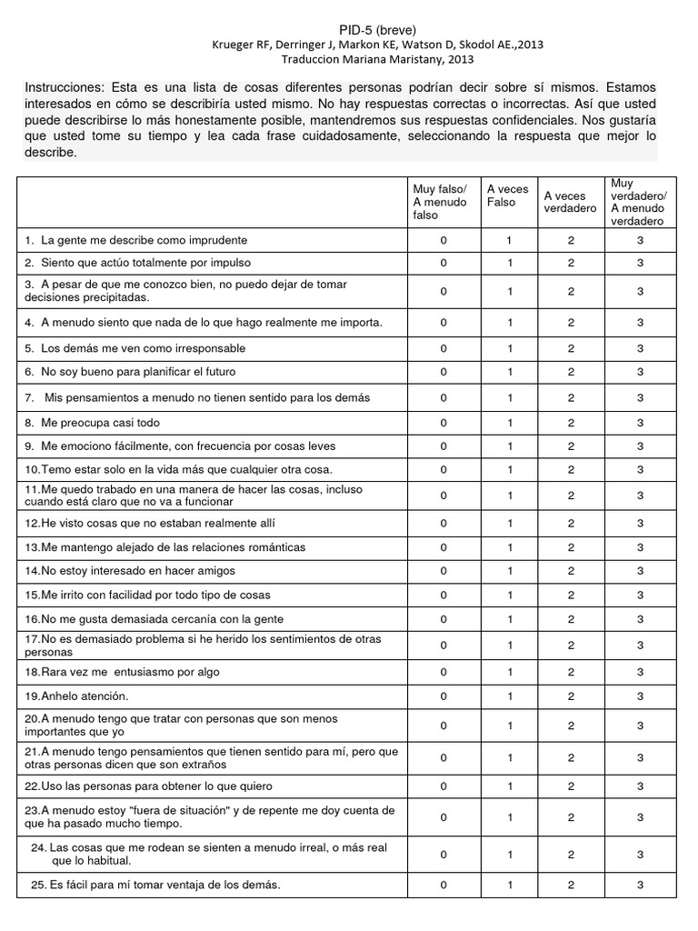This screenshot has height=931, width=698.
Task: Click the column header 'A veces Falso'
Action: pos(507,195)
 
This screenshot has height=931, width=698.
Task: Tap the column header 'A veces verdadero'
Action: pos(570,202)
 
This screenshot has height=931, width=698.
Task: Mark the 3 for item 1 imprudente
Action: pos(640,240)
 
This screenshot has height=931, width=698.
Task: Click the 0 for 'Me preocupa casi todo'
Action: pos(444,423)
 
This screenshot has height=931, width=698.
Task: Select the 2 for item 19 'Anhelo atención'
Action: pos(571,696)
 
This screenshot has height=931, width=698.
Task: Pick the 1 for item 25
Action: pos(510,885)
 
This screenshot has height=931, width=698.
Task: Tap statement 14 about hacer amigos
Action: pos(130,571)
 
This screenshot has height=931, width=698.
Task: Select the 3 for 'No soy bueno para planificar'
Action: pos(640,372)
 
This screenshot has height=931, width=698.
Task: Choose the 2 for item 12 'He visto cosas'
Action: pos(571,523)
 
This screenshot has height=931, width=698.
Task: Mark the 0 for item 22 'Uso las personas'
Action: pos(444,786)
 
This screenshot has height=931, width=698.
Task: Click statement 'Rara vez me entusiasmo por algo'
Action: pos(123,672)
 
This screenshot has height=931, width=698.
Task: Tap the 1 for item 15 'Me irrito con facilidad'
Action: pos(510,595)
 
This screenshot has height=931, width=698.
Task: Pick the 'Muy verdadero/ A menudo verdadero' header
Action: pos(639,202)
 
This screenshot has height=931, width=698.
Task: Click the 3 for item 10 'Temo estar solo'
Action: pos(640,469)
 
